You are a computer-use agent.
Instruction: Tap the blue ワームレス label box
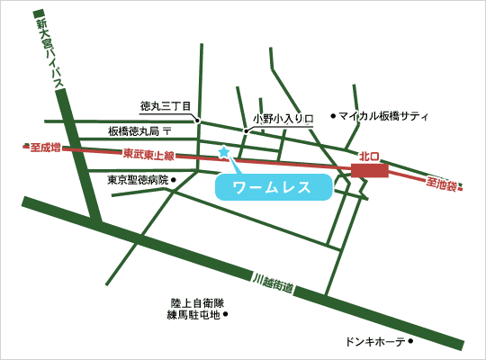271,187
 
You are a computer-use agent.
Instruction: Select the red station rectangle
369,170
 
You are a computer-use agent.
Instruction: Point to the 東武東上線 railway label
148,154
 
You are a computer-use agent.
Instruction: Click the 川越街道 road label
274,283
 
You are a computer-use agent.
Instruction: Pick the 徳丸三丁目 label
166,105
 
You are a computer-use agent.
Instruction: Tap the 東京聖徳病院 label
138,179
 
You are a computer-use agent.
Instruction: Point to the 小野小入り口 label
281,118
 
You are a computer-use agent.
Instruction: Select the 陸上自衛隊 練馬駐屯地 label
193,309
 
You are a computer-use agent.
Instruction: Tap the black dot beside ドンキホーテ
410,342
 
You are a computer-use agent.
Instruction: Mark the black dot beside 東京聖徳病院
175,179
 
